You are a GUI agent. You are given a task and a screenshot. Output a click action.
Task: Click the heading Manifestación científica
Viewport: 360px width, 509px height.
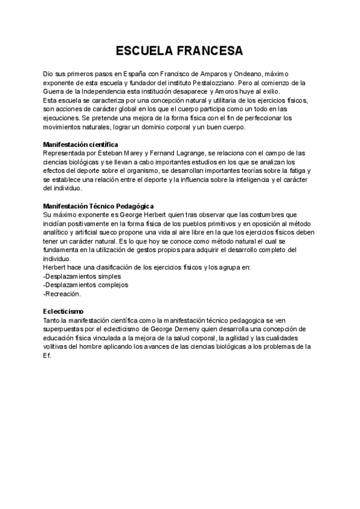coord(80,145)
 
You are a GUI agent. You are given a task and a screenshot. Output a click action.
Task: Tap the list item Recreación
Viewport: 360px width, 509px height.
coord(62,294)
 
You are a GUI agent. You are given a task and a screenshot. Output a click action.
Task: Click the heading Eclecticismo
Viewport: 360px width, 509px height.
coord(64,312)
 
